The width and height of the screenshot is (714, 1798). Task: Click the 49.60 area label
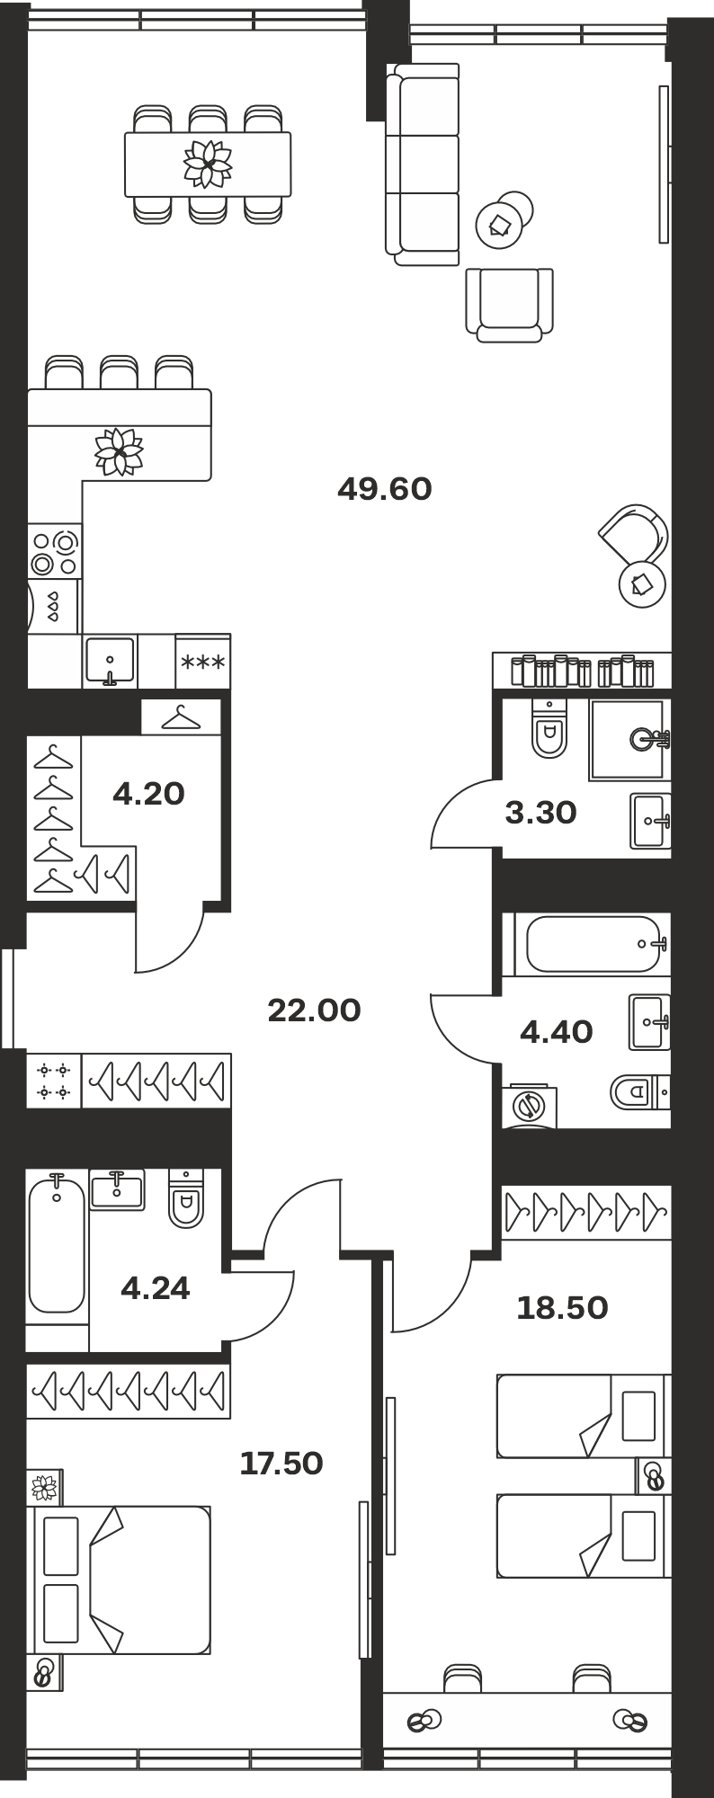click(385, 489)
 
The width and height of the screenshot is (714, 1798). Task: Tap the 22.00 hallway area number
click(314, 1010)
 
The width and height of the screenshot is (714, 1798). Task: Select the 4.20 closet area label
click(148, 794)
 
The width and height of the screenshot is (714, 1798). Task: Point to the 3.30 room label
click(540, 813)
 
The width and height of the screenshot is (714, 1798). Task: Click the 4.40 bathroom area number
click(557, 1032)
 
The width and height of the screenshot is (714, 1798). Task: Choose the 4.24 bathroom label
click(156, 1288)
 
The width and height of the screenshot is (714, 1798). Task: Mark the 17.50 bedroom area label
click(281, 1464)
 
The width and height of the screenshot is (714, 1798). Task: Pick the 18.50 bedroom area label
click(562, 1308)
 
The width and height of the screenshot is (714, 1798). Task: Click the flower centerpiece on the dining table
click(208, 164)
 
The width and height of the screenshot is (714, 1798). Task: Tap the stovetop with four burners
click(54, 552)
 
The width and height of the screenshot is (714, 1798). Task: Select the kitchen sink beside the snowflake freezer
click(110, 662)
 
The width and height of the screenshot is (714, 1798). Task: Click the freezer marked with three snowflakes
click(203, 663)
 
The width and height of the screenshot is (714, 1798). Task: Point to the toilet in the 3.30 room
click(549, 727)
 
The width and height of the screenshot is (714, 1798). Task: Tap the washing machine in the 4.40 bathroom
click(530, 1106)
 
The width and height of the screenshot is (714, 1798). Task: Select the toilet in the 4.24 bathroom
click(186, 1198)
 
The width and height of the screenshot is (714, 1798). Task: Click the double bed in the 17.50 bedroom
click(122, 1580)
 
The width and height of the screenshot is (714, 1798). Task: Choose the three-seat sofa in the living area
click(423, 165)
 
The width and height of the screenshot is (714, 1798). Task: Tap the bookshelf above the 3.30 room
click(582, 671)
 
